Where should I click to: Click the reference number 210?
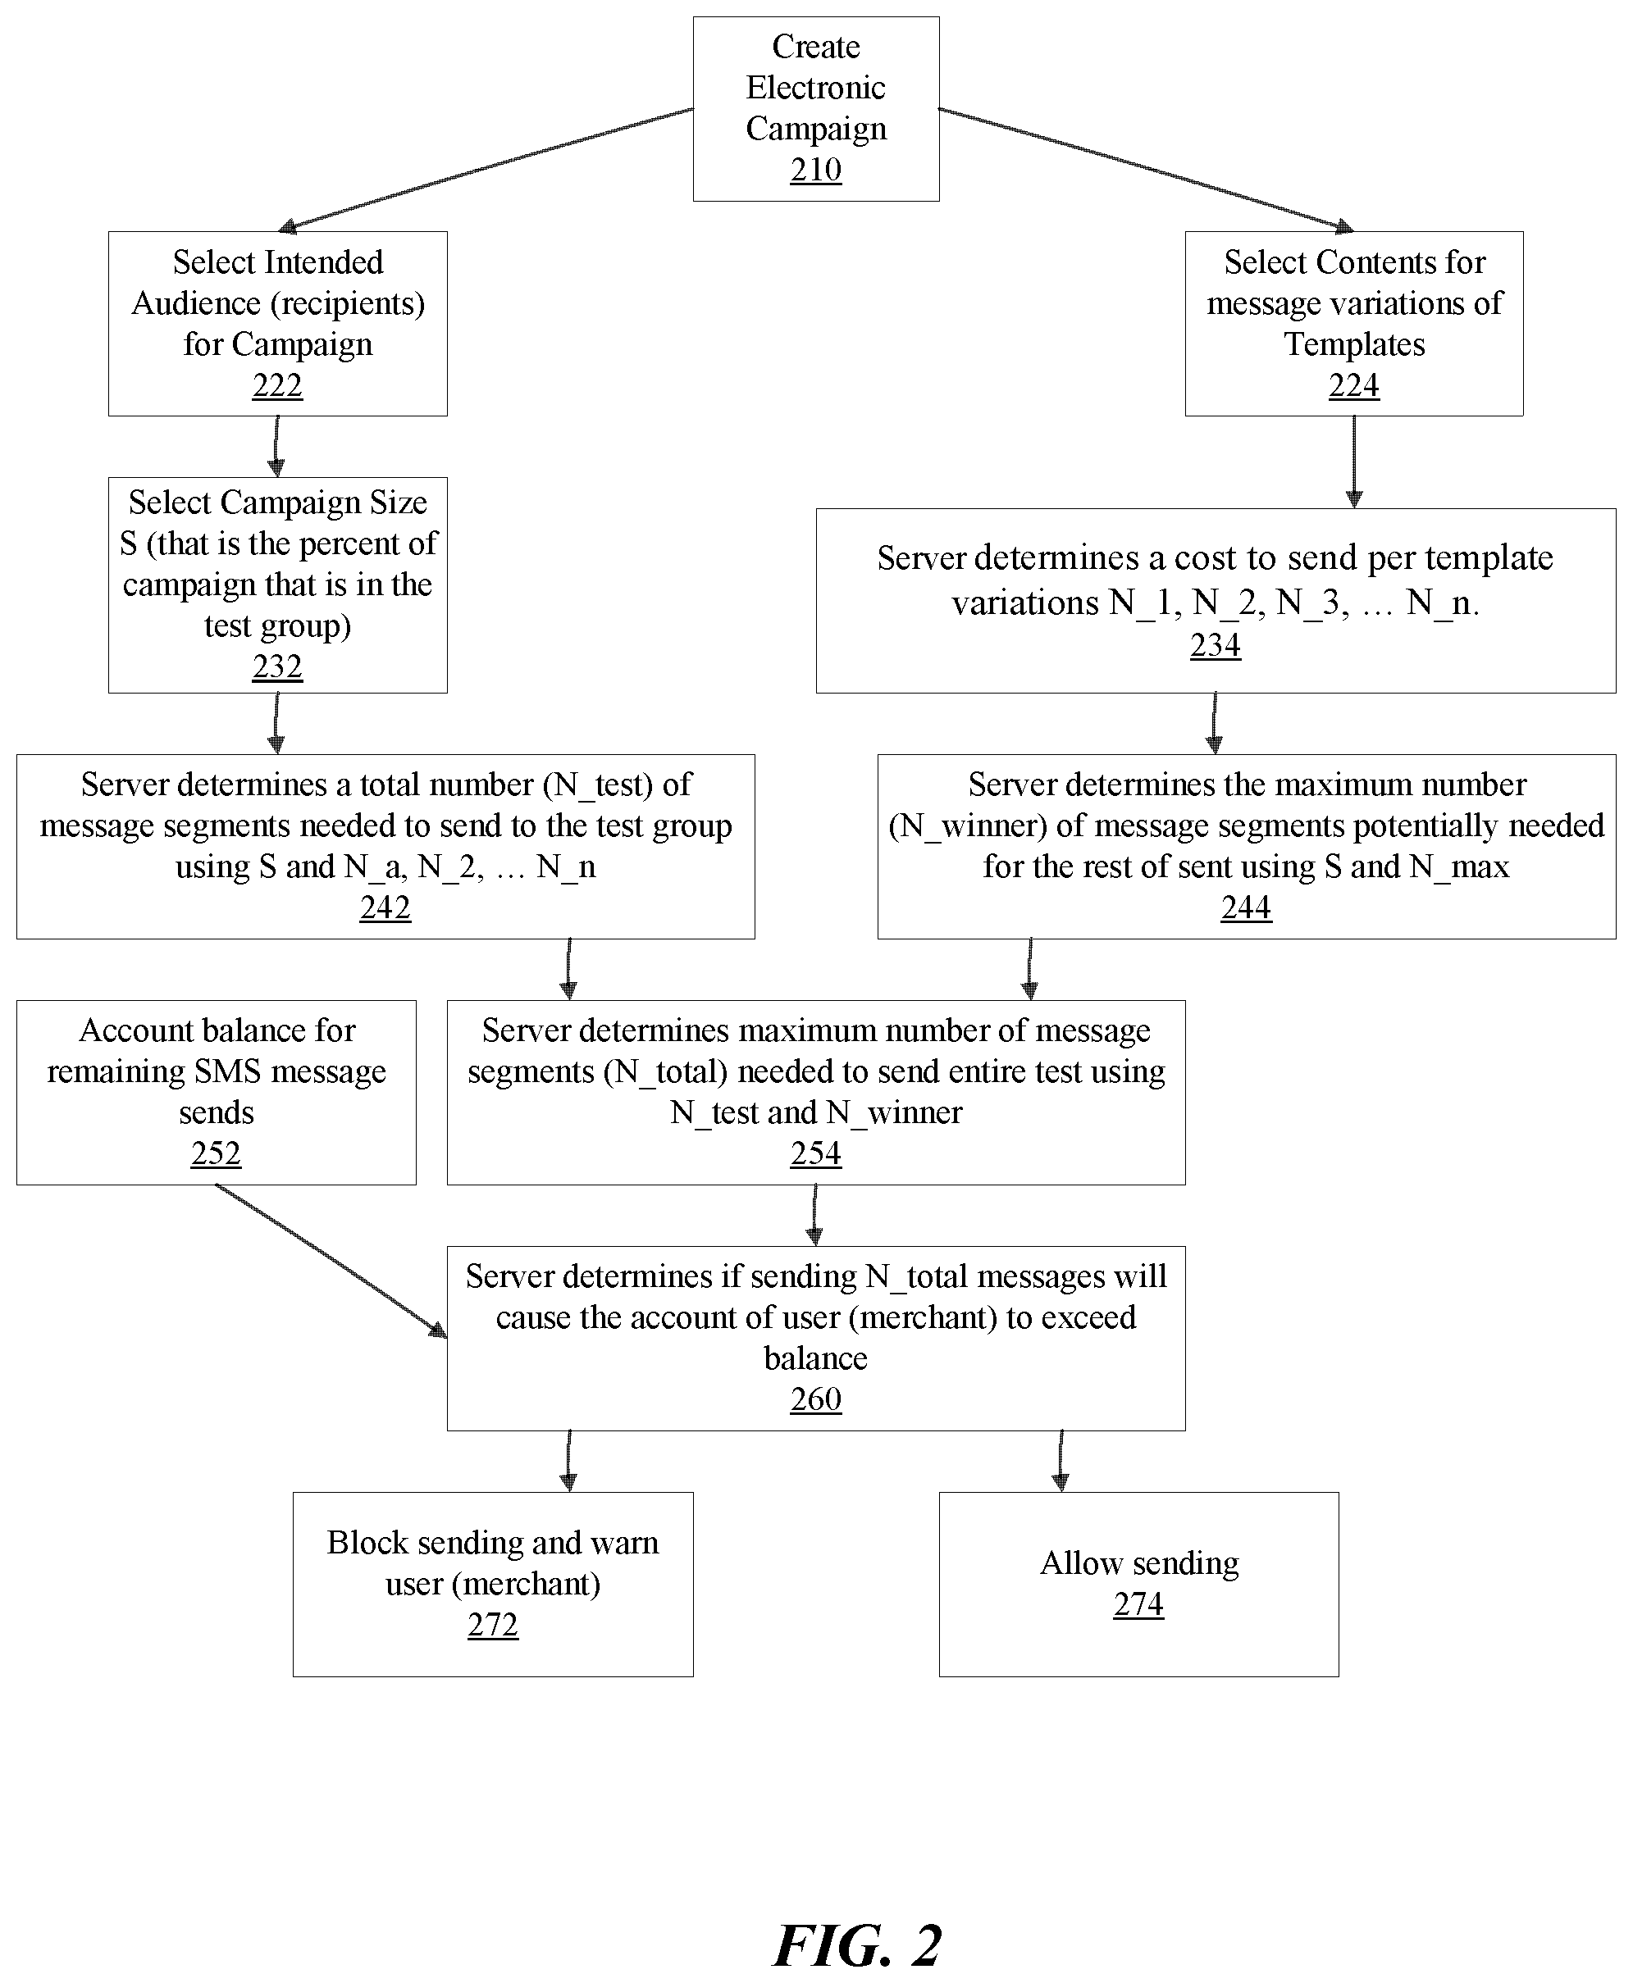(x=815, y=171)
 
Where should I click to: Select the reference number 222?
(x=277, y=385)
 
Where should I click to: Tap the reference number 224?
(x=1353, y=385)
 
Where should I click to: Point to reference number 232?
(x=277, y=666)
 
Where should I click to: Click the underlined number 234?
(x=1216, y=645)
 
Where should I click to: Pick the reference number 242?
(x=385, y=907)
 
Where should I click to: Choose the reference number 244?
(x=1247, y=907)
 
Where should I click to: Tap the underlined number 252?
(x=217, y=1153)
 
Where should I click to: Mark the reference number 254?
(x=815, y=1153)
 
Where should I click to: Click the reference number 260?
(x=815, y=1399)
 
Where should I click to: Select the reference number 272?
(x=493, y=1625)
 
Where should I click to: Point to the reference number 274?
(x=1138, y=1604)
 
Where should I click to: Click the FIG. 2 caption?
(x=857, y=1939)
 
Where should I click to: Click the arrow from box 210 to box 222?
(x=486, y=169)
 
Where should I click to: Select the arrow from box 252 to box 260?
(x=331, y=1261)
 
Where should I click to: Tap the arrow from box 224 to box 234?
(x=1353, y=462)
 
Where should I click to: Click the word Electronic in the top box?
(x=815, y=88)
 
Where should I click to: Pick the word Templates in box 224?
(x=1355, y=345)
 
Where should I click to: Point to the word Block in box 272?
(x=367, y=1543)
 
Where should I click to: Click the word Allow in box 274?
(x=1081, y=1562)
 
